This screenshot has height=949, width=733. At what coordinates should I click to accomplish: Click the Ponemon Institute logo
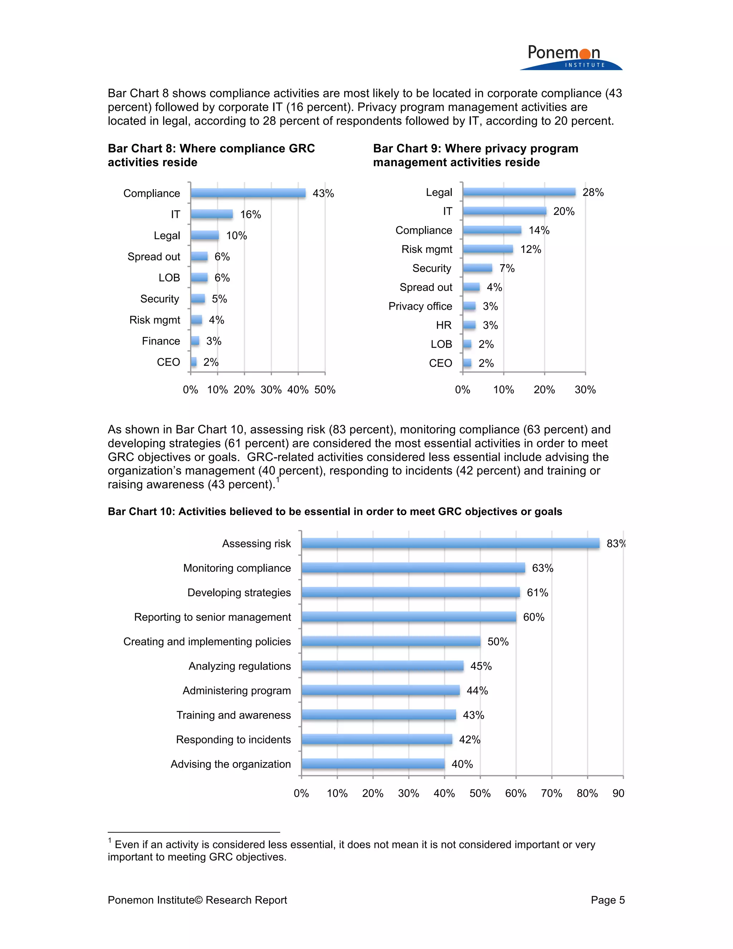click(x=570, y=57)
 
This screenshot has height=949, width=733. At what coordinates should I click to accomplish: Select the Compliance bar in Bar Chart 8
click(x=248, y=193)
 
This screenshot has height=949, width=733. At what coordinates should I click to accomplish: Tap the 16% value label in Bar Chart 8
click(x=251, y=215)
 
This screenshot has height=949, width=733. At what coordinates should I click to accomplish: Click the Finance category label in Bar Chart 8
click(x=161, y=341)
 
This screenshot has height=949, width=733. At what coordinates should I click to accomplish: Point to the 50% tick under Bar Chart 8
click(x=325, y=390)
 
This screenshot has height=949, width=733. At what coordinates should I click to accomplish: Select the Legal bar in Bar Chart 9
click(x=519, y=192)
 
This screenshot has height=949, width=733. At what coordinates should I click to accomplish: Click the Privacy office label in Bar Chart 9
click(x=420, y=306)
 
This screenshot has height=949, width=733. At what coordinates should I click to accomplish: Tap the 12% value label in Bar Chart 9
click(x=531, y=249)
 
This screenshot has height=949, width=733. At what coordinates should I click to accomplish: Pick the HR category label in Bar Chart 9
click(x=444, y=326)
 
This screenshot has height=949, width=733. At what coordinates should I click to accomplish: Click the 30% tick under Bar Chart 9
click(x=585, y=390)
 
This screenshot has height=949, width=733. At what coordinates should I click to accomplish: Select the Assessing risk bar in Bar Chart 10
click(x=450, y=544)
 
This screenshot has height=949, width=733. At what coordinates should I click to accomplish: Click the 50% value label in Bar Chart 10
click(x=497, y=642)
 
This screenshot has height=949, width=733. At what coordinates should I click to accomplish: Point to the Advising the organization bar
click(x=373, y=764)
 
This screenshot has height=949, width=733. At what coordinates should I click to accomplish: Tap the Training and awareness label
click(x=234, y=715)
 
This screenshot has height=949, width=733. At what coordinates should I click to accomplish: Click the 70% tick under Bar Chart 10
click(x=552, y=794)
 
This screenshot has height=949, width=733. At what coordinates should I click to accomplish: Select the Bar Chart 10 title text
click(x=335, y=512)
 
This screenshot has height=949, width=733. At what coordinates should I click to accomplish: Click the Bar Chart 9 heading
click(x=476, y=155)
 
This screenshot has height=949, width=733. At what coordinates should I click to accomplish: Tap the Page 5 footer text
click(x=607, y=900)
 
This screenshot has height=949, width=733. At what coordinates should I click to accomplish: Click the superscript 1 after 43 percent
click(x=278, y=480)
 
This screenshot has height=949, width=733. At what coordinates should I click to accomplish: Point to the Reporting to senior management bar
click(x=409, y=617)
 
